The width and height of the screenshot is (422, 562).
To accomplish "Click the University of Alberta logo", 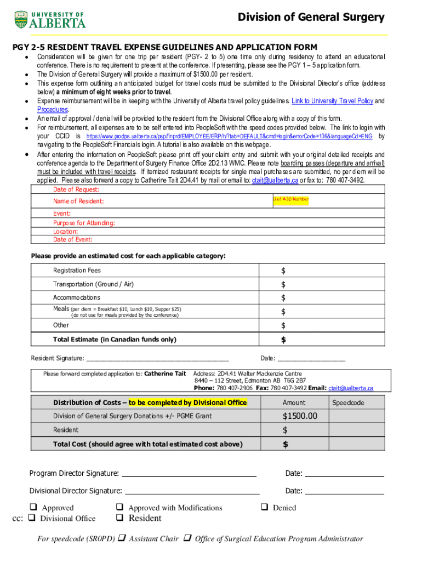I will tap(50, 19).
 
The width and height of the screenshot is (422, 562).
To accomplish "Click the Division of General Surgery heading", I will tap(311, 18).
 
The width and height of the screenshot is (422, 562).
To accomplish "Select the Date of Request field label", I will tap(76, 189).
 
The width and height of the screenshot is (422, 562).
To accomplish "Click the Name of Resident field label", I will tap(78, 201).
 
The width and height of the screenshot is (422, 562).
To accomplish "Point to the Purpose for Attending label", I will tap(84, 223).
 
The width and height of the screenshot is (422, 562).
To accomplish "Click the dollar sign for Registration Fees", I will tap(283, 271).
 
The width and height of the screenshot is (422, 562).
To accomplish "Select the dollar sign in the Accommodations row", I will tap(283, 298).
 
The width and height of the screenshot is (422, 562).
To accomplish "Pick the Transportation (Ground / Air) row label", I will tap(93, 284).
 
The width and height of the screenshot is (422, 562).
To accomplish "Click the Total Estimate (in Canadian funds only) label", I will tap(115, 340).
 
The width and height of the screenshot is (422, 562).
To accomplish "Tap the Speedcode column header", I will tap(348, 403).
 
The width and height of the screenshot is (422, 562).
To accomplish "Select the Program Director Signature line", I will tap(189, 473).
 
